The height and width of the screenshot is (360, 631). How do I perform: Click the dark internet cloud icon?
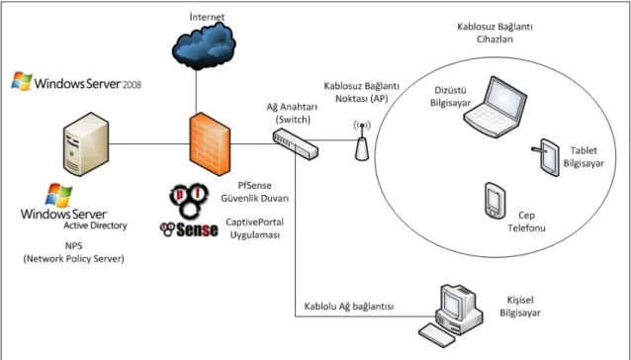tap(204, 45)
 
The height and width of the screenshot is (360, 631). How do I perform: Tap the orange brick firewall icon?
tap(210, 143)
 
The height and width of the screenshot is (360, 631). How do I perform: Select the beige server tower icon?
tap(86, 143)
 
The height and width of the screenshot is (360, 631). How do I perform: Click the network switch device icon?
tap(296, 143)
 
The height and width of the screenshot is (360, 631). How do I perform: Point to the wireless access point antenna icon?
tap(362, 141)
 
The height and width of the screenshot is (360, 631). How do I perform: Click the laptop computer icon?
tap(495, 106)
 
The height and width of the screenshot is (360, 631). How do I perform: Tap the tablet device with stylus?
tap(546, 157)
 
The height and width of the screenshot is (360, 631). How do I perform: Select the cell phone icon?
tap(495, 201)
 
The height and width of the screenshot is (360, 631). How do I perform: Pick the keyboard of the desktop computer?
tap(437, 334)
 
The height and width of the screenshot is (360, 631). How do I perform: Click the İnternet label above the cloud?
tap(207, 17)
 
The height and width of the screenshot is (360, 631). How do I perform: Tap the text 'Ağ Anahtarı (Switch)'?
tap(292, 114)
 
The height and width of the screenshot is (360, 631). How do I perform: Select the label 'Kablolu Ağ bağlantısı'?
tap(348, 307)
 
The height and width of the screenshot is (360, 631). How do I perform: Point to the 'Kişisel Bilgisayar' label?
tap(520, 307)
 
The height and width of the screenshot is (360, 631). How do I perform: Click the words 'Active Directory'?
tap(95, 225)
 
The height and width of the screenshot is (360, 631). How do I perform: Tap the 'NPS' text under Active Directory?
tap(73, 245)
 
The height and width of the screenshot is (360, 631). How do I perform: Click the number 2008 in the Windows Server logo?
tap(132, 85)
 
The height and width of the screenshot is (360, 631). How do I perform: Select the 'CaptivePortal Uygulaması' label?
tap(254, 228)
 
